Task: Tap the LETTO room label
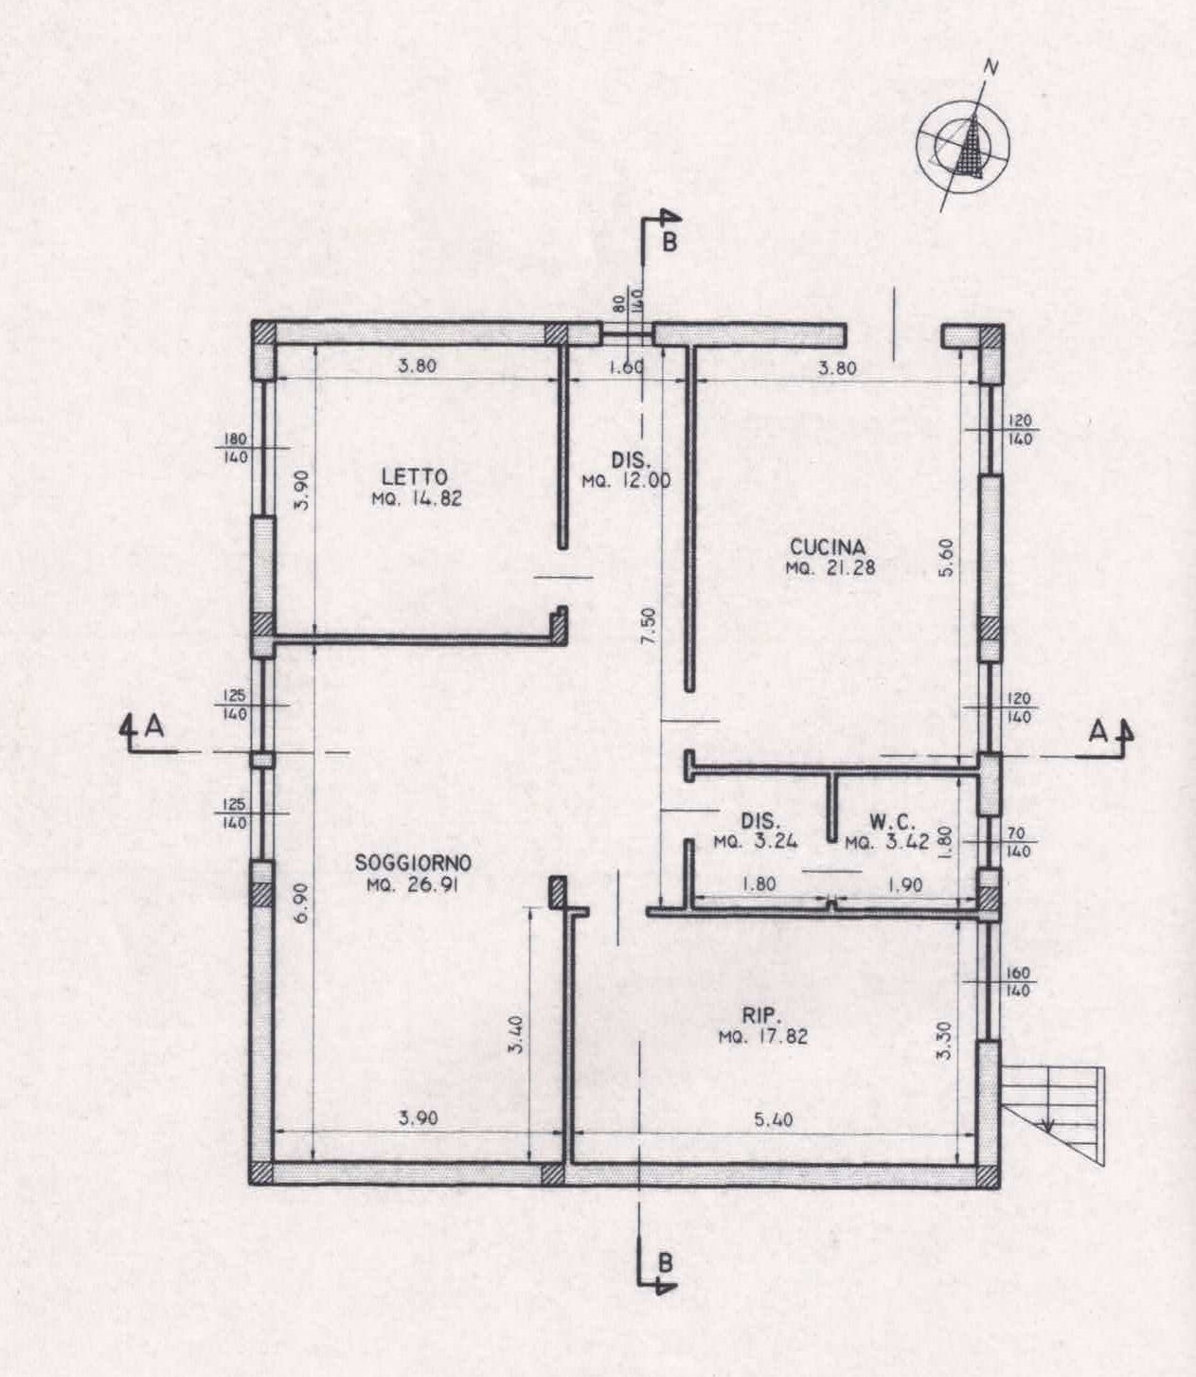click(415, 477)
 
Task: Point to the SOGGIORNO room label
click(414, 863)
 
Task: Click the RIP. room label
click(762, 1015)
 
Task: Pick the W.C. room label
click(892, 822)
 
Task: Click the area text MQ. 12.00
click(627, 482)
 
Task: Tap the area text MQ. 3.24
click(756, 842)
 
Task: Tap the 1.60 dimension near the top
click(626, 367)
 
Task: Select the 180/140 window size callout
click(235, 448)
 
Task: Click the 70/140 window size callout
click(1019, 842)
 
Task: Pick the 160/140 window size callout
click(1018, 982)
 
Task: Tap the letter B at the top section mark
click(669, 242)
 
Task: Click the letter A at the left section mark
click(154, 727)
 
